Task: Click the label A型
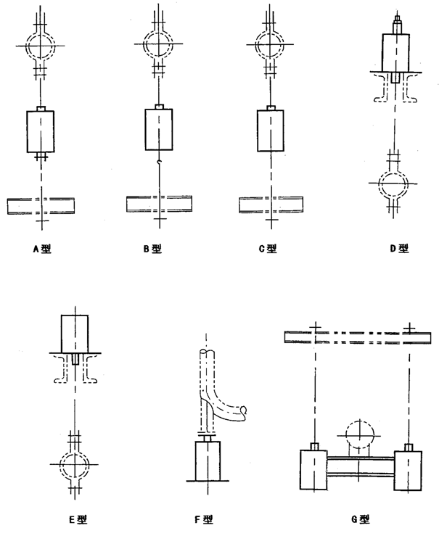coord(42,249)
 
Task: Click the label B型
coord(152,249)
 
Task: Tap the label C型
coord(268,249)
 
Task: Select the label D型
coord(399,248)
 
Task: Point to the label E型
coord(78,520)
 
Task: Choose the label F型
coord(204,520)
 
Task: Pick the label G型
coord(361,519)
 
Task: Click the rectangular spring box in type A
coord(41,131)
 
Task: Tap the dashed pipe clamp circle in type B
coord(158,44)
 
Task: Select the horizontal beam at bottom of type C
coord(271,205)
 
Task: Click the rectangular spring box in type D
coord(395,52)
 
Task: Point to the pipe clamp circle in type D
coord(393,183)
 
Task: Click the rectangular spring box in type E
coord(75,334)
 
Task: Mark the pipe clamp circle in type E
coord(75,465)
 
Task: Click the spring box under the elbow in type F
coord(208,461)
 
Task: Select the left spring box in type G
coord(313,470)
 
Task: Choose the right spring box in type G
coord(409,471)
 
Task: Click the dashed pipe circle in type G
coord(360,435)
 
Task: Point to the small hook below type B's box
coord(159,162)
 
